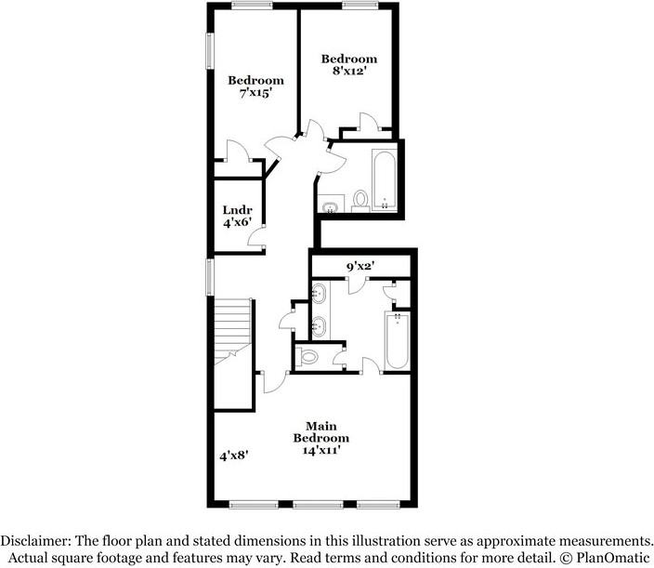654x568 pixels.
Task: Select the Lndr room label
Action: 230,210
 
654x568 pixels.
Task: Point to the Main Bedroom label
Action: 321,431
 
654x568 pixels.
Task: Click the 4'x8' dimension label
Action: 233,456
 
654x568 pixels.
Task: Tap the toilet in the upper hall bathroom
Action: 360,199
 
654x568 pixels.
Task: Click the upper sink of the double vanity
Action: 318,296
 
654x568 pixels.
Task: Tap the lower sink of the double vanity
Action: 318,326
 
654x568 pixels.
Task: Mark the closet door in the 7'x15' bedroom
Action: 237,152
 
